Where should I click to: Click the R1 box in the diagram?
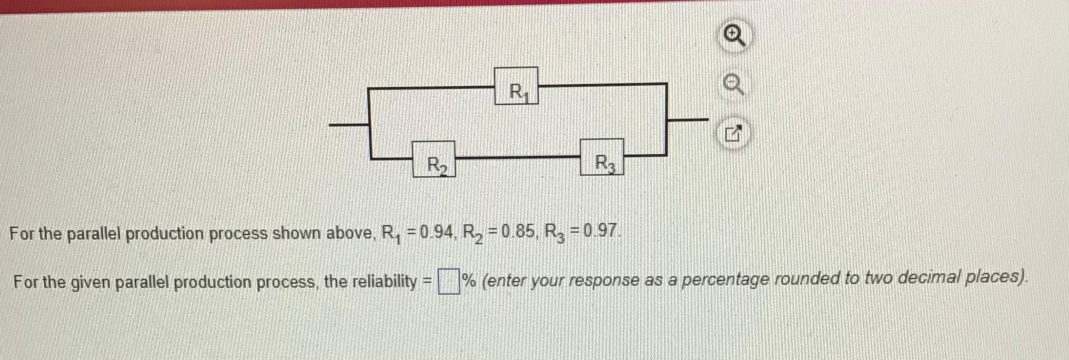(516, 86)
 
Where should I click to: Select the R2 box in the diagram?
(434, 159)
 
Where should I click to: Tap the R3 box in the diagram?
(602, 157)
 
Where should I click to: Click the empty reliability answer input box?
(448, 281)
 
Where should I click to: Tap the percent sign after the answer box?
(469, 281)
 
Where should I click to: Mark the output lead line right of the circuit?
(687, 120)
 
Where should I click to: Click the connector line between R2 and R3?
(517, 157)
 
